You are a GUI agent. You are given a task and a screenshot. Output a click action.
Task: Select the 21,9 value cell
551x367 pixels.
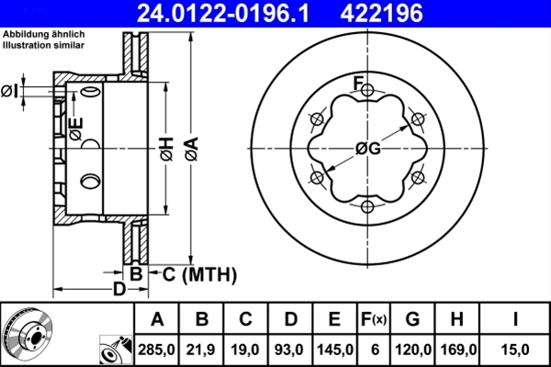203,349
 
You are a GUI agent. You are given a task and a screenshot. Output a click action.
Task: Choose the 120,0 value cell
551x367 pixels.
412,349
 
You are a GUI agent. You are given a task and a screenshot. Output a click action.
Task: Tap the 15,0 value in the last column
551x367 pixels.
515,349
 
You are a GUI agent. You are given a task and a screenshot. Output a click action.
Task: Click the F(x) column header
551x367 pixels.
375,320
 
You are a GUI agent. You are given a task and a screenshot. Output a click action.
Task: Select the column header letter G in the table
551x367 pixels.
412,320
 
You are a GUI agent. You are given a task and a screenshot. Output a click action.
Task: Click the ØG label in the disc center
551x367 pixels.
367,149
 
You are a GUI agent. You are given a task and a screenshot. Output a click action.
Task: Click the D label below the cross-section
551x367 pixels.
118,290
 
